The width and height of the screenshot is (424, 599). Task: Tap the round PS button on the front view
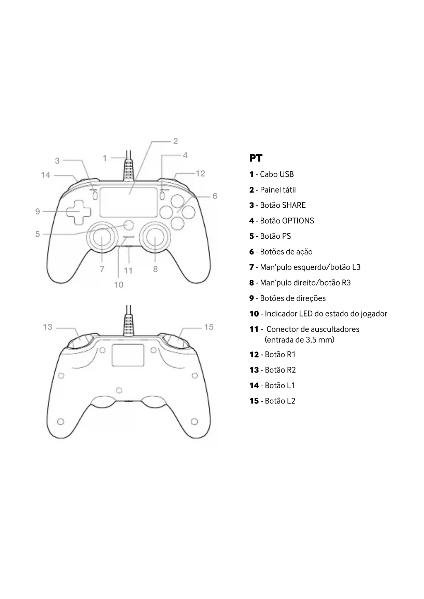click(x=129, y=225)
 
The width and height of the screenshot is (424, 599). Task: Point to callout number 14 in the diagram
click(x=45, y=175)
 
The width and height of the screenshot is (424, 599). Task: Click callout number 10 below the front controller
click(x=119, y=285)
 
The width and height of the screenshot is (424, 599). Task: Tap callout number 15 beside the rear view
click(x=209, y=327)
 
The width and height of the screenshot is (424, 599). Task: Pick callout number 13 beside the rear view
click(x=47, y=327)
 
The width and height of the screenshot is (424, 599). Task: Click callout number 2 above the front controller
click(x=175, y=141)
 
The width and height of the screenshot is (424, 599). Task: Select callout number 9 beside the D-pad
click(x=38, y=212)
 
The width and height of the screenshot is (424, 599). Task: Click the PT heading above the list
click(x=256, y=158)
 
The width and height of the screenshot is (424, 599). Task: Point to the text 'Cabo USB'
click(x=277, y=175)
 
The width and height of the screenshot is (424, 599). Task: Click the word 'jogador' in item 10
click(x=374, y=314)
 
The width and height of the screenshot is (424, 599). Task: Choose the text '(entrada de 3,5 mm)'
click(x=299, y=340)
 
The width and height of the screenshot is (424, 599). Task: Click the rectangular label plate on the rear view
click(x=128, y=356)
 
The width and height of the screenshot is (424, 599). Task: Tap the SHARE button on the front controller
click(x=95, y=195)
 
